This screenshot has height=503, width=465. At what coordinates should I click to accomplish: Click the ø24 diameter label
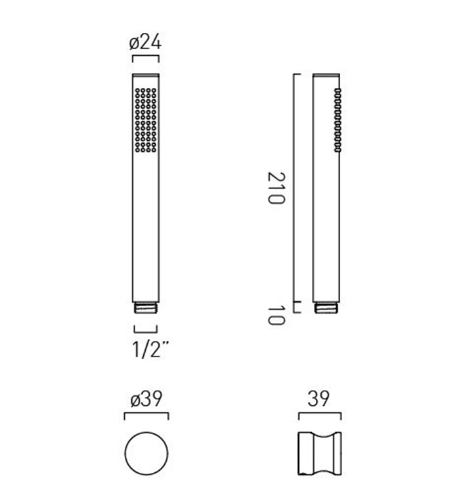pyautogui.click(x=145, y=43)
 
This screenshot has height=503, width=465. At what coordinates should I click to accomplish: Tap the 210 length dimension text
pyautogui.click(x=276, y=188)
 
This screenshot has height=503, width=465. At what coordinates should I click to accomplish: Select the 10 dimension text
pyautogui.click(x=276, y=315)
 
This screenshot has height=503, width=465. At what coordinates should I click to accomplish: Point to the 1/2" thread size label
pyautogui.click(x=150, y=349)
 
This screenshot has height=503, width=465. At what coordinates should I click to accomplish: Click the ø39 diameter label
pyautogui.click(x=146, y=399)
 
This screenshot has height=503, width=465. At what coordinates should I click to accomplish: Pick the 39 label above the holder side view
pyautogui.click(x=319, y=399)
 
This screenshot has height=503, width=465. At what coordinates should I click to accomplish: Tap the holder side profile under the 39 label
pyautogui.click(x=320, y=453)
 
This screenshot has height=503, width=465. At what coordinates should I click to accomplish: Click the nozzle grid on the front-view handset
pyautogui.click(x=146, y=120)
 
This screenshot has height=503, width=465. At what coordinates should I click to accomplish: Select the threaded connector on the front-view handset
pyautogui.click(x=146, y=307)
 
